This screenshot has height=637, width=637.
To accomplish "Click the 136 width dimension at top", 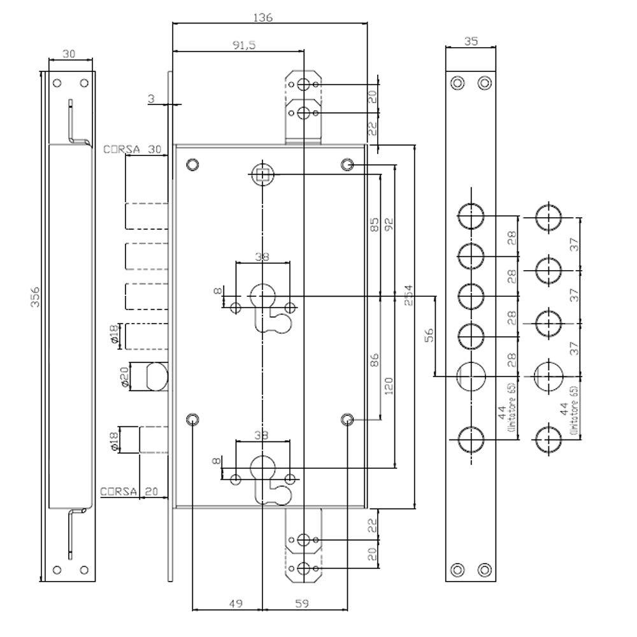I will [262, 18].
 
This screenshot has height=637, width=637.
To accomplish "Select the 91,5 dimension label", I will [243, 45].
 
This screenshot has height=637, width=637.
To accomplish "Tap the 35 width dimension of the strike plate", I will [471, 41].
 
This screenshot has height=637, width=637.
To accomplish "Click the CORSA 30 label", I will [133, 150].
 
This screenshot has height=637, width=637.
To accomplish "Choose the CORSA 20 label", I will [130, 491].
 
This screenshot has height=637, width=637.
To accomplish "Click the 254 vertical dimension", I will [408, 299].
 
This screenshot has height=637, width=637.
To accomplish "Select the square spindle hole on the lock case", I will [262, 173].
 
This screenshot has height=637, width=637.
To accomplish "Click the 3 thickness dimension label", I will [151, 98].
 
